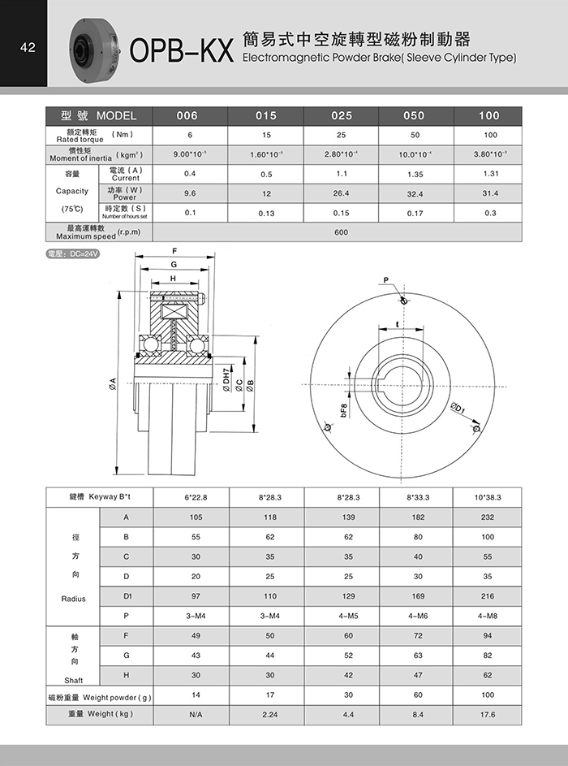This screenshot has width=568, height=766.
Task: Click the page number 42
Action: coord(28,48)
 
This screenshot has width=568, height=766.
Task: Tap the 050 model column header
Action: coord(414,115)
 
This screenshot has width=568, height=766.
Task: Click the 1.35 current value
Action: coord(414,173)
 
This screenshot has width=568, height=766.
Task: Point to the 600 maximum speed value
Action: coord(341,232)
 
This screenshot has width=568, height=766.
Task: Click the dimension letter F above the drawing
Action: coord(174,250)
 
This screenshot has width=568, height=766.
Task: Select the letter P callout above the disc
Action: coord(387,280)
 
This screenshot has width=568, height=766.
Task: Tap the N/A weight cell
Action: coord(195,715)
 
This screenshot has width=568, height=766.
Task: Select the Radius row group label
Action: coord(73,599)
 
